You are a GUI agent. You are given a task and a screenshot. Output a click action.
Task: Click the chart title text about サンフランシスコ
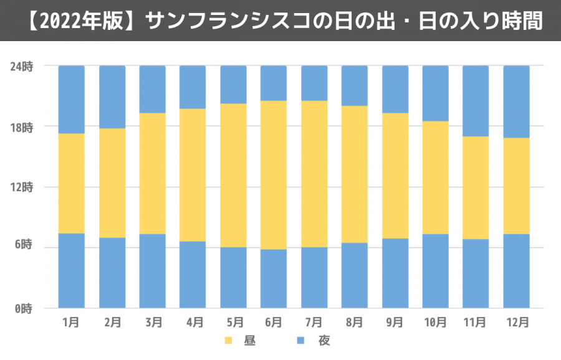(280, 21)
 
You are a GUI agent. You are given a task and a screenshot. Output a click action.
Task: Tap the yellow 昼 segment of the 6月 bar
(274, 175)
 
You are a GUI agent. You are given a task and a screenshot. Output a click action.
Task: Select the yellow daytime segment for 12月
(516, 186)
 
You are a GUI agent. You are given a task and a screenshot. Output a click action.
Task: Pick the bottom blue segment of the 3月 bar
(152, 271)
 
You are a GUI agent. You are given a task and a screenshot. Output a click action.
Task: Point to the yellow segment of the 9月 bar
(395, 176)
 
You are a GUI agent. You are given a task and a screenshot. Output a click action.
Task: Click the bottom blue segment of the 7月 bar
(314, 278)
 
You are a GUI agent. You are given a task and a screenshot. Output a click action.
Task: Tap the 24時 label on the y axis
(23, 66)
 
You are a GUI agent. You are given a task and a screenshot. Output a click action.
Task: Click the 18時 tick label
(23, 127)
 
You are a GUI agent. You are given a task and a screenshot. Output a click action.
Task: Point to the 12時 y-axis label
(23, 187)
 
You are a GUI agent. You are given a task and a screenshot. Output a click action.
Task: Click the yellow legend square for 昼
(228, 341)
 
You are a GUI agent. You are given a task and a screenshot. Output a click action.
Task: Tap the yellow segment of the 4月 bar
(193, 175)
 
